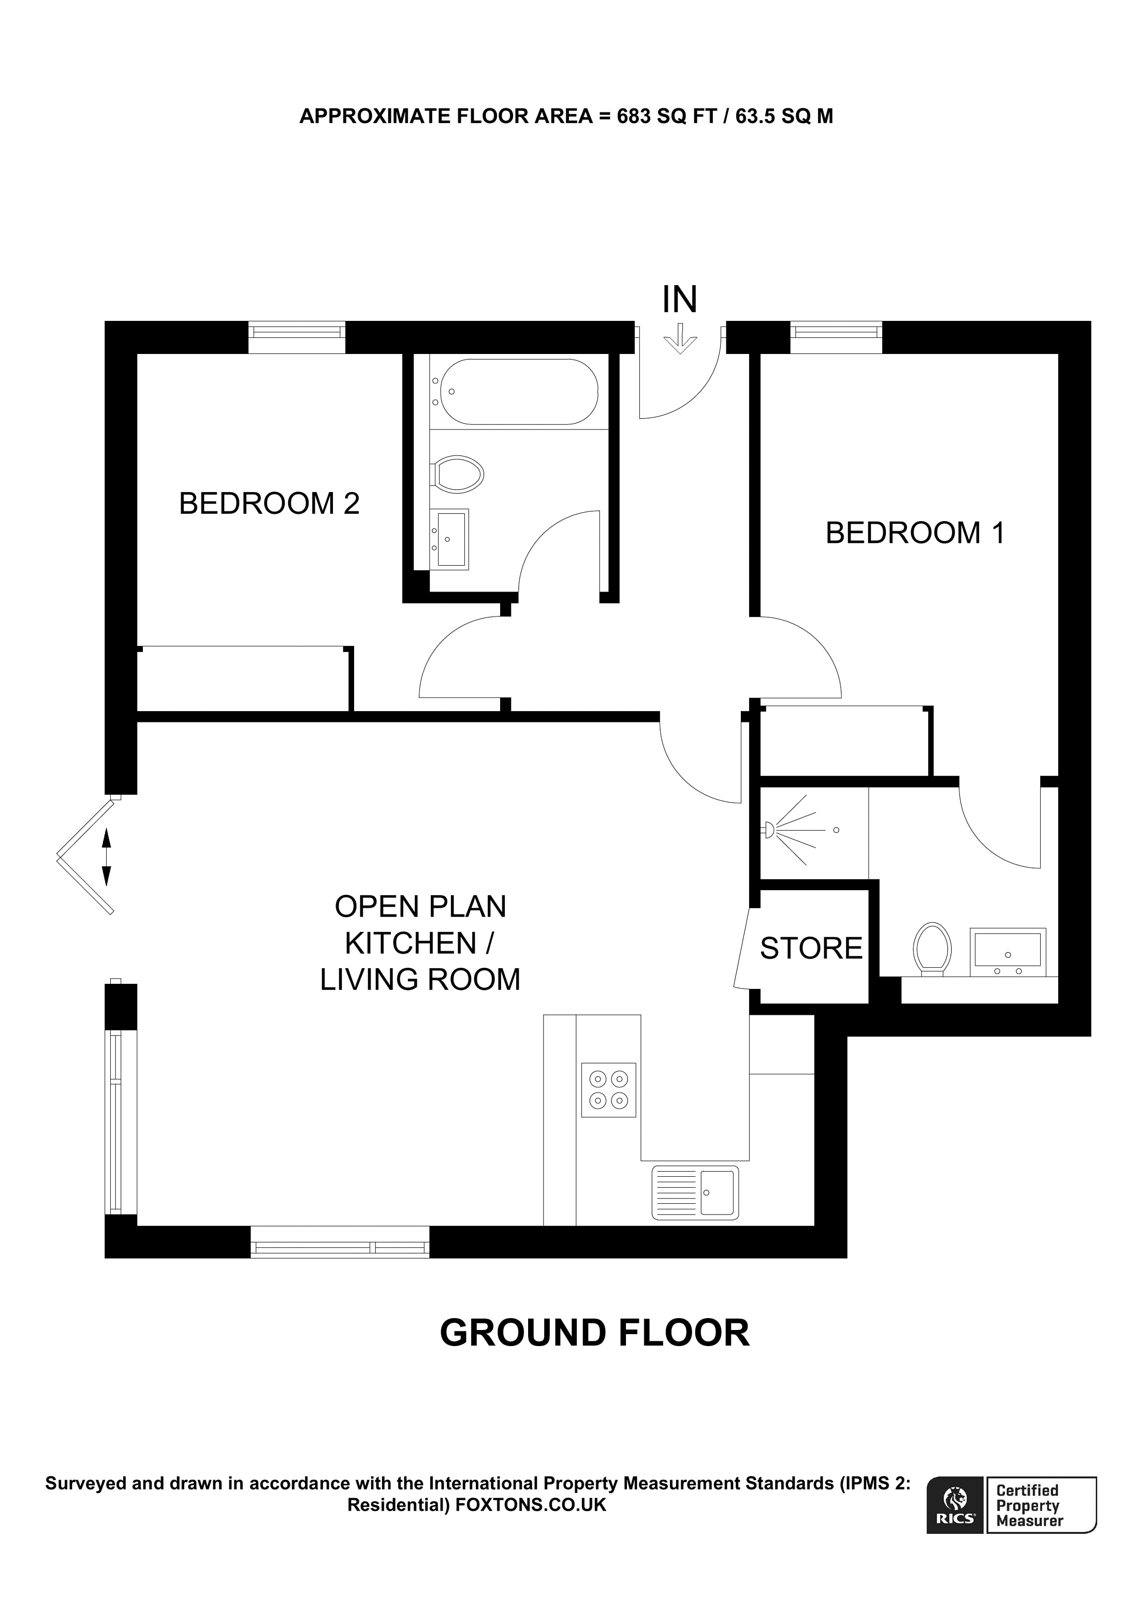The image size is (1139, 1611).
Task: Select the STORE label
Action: [x=811, y=949]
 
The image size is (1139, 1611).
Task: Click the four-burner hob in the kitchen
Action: [x=608, y=1090]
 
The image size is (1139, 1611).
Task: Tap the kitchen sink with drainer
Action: [x=695, y=1192]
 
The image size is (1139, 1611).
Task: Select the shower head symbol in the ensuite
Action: [x=769, y=830]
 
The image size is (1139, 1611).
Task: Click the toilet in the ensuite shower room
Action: [x=932, y=949]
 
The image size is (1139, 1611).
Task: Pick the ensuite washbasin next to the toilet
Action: [x=1007, y=952]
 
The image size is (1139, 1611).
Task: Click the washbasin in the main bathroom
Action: [x=449, y=539]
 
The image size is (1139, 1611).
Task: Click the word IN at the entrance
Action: [x=679, y=300]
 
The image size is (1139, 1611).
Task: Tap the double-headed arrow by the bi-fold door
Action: [x=107, y=856]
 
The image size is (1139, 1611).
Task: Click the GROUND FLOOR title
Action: [x=594, y=1334]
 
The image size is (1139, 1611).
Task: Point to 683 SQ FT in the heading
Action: [x=667, y=116]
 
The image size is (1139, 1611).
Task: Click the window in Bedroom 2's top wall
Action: [x=297, y=337]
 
